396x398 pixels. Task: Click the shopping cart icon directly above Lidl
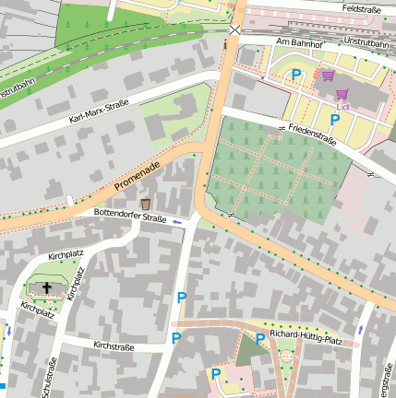342,94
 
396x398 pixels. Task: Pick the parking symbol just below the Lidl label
335,119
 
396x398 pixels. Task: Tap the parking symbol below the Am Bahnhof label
296,75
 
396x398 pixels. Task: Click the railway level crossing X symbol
235,29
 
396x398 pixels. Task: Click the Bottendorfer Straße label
130,218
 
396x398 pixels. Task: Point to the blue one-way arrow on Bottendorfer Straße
177,223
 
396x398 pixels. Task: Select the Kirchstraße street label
114,346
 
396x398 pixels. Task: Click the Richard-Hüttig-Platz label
306,338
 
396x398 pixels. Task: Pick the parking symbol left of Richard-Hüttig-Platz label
260,339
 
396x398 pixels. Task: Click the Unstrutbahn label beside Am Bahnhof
366,42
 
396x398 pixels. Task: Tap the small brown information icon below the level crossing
225,42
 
